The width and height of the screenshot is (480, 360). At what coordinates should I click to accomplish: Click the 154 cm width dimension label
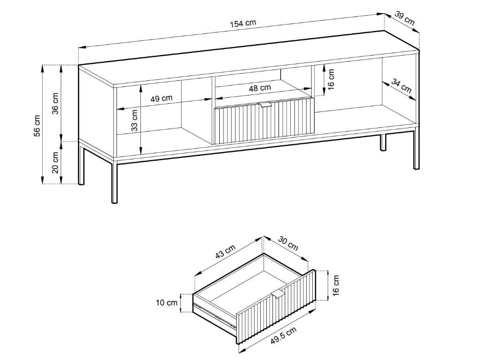(243, 23)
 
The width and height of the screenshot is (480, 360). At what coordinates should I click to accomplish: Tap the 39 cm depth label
(404, 18)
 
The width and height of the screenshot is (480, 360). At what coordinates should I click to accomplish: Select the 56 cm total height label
(37, 126)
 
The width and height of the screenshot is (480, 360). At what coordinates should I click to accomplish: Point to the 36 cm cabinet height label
(55, 103)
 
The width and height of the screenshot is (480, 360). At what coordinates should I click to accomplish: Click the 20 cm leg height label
(55, 163)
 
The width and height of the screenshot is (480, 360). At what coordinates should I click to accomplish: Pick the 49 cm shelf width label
(161, 98)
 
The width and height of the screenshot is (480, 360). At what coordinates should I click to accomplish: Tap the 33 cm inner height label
(134, 120)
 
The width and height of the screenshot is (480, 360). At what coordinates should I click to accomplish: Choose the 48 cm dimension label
(260, 88)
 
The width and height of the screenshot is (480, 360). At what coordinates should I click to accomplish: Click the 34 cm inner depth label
(401, 86)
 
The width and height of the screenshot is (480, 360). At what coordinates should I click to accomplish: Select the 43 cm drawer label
(225, 251)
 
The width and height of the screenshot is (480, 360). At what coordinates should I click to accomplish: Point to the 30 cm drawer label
(288, 243)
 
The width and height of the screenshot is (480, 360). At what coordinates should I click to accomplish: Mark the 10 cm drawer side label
(167, 303)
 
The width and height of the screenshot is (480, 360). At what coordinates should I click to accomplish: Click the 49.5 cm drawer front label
(284, 336)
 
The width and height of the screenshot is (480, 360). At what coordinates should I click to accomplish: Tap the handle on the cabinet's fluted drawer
(265, 105)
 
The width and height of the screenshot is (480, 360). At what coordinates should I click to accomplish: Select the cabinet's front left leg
(115, 183)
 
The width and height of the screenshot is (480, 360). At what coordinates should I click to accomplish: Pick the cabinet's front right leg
(416, 150)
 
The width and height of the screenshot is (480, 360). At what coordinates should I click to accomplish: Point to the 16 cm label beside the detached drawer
(336, 285)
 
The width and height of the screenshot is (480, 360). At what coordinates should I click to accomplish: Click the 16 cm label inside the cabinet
(331, 79)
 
